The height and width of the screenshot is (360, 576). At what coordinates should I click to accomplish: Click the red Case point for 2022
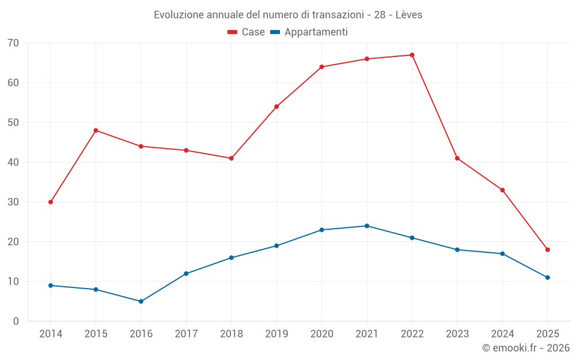tap(412, 55)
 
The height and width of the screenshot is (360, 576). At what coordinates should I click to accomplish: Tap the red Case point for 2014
tap(51, 202)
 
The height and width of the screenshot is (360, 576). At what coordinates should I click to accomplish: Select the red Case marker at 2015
tap(96, 130)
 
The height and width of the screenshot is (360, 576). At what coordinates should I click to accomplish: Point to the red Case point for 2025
tap(547, 249)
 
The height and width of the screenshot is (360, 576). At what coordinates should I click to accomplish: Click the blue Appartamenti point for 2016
tap(141, 301)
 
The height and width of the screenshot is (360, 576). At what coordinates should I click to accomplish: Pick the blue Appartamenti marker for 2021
tap(367, 226)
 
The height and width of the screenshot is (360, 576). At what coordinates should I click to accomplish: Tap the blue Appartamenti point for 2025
tap(547, 278)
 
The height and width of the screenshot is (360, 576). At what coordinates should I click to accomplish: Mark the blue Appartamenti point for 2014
tap(51, 285)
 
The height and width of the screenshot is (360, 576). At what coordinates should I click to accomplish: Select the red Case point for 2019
tap(276, 107)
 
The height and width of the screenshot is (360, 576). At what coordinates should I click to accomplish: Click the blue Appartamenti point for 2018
tap(231, 257)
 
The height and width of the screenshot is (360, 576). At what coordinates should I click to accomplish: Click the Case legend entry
tap(247, 32)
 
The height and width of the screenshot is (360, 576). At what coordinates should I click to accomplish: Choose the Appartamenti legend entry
tap(309, 32)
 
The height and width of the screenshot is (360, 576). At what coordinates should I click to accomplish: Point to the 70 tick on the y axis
tap(13, 43)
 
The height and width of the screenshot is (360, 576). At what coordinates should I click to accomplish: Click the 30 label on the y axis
tap(13, 202)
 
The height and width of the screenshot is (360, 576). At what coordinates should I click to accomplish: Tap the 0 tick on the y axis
tap(16, 321)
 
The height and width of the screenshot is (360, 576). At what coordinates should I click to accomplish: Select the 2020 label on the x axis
tap(321, 334)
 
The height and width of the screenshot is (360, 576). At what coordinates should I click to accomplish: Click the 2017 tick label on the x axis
tap(186, 334)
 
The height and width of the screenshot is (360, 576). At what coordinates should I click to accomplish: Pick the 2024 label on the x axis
tap(502, 334)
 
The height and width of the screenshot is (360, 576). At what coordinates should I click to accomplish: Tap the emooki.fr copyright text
tap(526, 348)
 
